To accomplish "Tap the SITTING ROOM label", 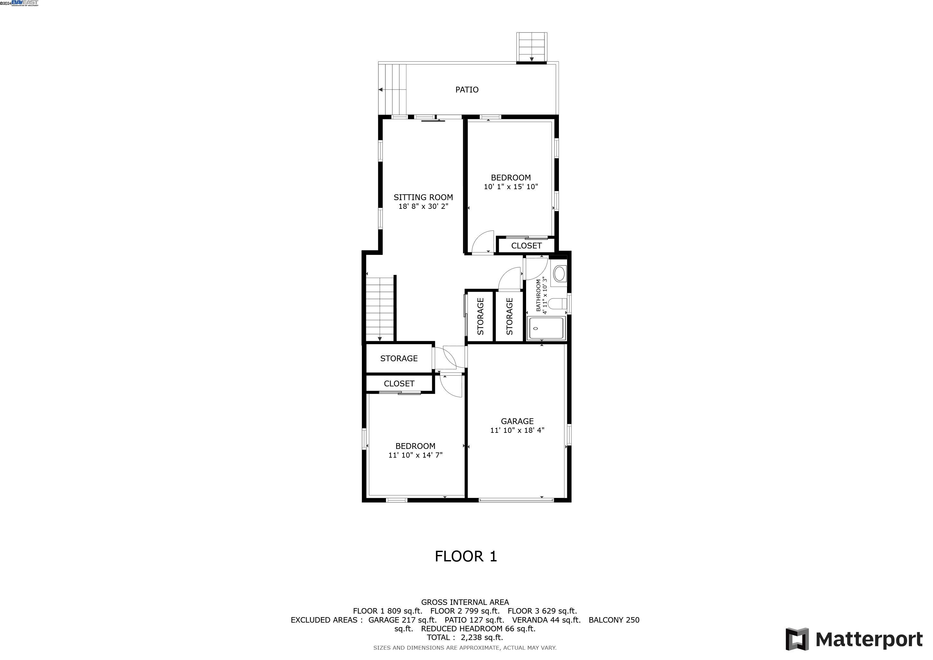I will click(x=423, y=198).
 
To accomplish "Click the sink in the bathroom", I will click(x=560, y=274).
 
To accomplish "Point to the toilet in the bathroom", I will click(x=558, y=304).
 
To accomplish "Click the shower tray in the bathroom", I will click(x=546, y=329).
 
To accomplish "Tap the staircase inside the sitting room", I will click(x=380, y=309).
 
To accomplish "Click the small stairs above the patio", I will click(x=532, y=47).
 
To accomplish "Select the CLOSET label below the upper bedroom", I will click(x=526, y=246).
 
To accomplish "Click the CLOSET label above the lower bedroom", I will click(x=399, y=383).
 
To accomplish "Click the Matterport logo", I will click(x=854, y=639).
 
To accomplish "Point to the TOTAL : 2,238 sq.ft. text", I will click(x=465, y=637).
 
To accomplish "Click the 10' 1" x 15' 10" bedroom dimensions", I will click(x=511, y=187).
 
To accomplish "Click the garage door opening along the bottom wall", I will click(x=516, y=500).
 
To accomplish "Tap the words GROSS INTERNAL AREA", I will click(x=465, y=602).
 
